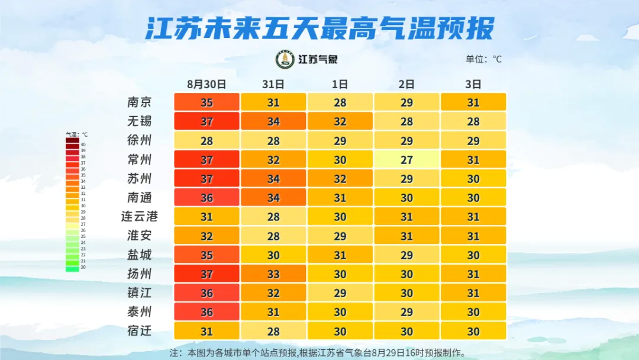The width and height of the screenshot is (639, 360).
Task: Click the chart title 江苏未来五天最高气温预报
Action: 319,28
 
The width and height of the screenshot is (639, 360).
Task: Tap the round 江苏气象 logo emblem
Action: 285,59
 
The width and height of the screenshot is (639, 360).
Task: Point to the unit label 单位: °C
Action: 483,59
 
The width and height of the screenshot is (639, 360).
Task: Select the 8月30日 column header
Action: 206,84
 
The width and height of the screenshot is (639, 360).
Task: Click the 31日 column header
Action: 273,84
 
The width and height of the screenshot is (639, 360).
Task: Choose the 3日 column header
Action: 473,84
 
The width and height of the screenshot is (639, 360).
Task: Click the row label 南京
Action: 140,102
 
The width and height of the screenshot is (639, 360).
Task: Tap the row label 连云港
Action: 140,216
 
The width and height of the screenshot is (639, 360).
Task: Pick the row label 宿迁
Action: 140,330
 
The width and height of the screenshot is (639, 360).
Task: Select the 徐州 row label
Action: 140,140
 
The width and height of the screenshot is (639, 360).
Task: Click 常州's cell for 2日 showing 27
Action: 406,159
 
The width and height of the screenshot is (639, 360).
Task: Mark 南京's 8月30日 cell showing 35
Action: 206,102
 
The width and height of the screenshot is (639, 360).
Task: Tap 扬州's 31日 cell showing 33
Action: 273,274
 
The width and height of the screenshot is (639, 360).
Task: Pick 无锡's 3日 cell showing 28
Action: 473,121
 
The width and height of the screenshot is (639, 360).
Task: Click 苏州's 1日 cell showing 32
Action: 340,178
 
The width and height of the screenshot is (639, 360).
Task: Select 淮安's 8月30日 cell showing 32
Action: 206,236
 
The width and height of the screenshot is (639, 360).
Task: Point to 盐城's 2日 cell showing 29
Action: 406,255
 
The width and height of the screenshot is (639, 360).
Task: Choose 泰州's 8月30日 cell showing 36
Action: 206,311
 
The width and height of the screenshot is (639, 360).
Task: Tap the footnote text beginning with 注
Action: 318,353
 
